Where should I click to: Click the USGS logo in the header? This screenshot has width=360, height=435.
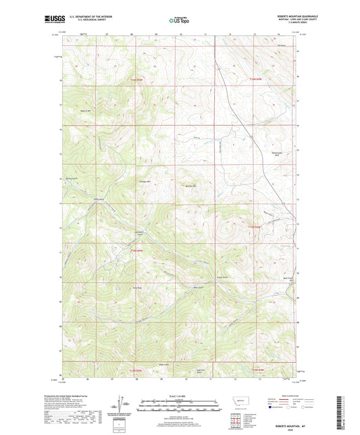point(53,20)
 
